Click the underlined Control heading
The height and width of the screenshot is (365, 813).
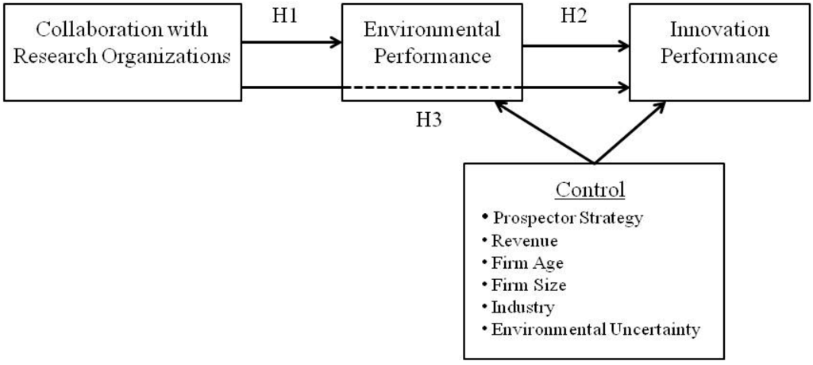[x=591, y=190]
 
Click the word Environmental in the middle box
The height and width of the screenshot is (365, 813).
[x=432, y=30]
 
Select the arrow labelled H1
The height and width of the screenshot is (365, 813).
[x=291, y=42]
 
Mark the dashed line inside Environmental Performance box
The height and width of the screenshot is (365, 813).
[x=432, y=87]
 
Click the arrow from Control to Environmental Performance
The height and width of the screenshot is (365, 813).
[x=544, y=133]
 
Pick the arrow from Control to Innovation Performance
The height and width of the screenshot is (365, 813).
[x=629, y=132]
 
